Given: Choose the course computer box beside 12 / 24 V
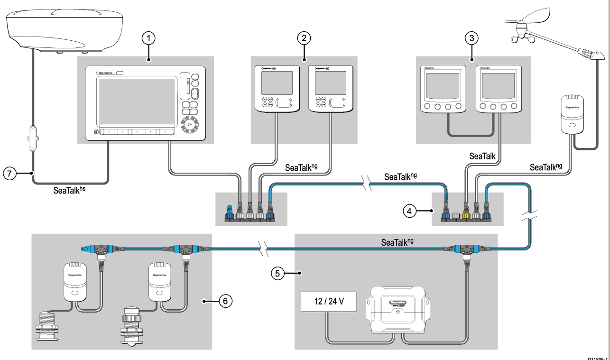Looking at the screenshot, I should [x=397, y=307].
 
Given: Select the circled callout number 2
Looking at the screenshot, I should [x=304, y=38].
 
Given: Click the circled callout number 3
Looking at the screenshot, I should [x=471, y=38].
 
